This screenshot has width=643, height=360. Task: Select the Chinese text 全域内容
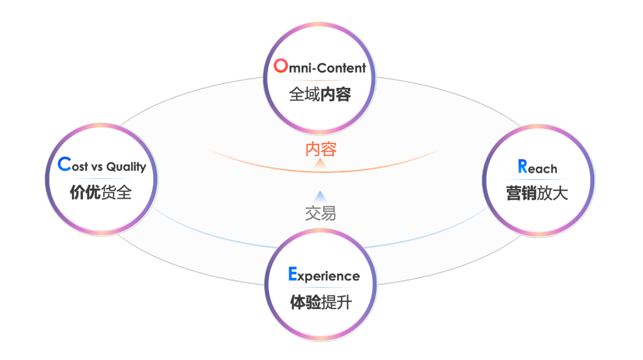tap(320, 94)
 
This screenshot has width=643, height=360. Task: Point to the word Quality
tap(126, 167)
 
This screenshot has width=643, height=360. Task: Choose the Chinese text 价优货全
tap(101, 192)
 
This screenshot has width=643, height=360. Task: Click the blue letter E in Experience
tap(292, 274)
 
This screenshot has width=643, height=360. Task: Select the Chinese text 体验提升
tap(320, 302)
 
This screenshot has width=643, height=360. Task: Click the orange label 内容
tap(321, 149)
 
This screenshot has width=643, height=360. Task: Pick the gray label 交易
tap(321, 213)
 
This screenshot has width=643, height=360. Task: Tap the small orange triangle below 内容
tap(321, 164)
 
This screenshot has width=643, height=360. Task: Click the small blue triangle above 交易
tap(321, 196)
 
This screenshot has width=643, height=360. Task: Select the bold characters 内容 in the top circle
tap(335, 94)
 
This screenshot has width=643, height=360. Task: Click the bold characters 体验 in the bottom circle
tap(305, 302)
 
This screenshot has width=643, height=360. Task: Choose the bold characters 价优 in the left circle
tap(85, 192)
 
